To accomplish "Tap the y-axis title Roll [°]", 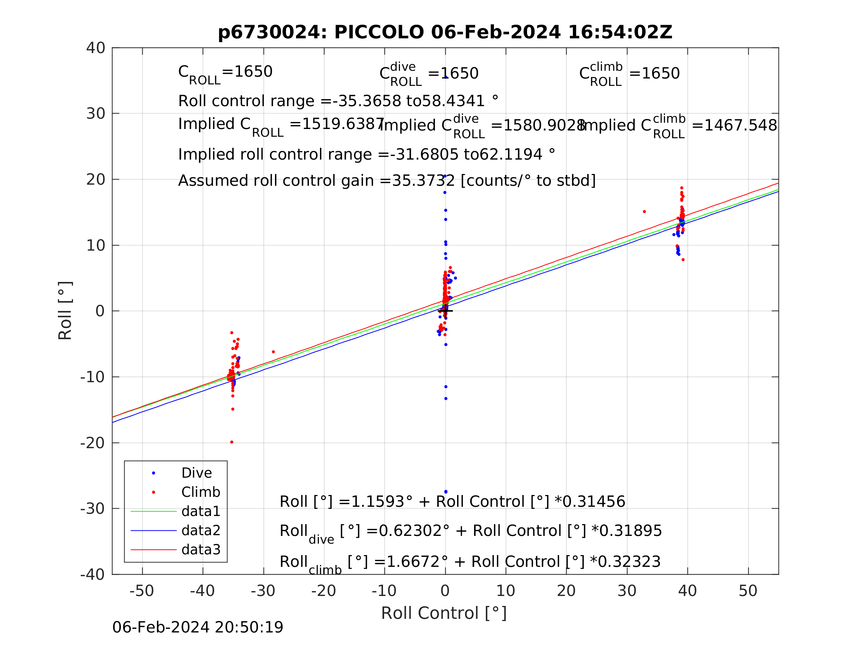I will (65, 311).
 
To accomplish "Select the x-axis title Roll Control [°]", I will (443, 613).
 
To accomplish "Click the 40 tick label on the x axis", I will (687, 591).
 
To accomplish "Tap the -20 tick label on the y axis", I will (93, 443).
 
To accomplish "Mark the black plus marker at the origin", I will (446, 311).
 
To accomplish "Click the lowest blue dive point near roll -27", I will (446, 492).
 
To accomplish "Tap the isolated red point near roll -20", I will (232, 442).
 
